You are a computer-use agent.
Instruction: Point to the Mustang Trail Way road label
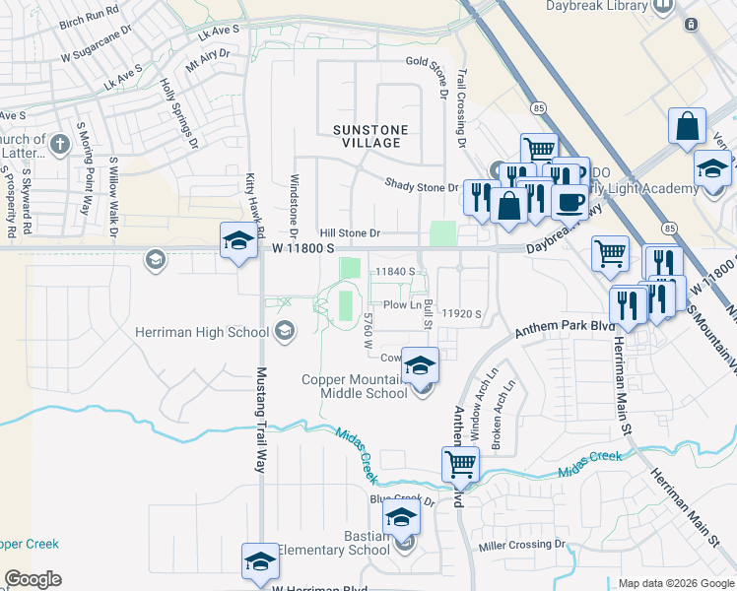[262, 420]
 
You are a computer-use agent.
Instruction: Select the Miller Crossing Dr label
[524, 545]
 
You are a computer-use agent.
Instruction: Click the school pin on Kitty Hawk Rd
[237, 240]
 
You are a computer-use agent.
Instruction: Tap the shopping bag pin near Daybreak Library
[687, 126]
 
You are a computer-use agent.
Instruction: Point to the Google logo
[33, 579]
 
